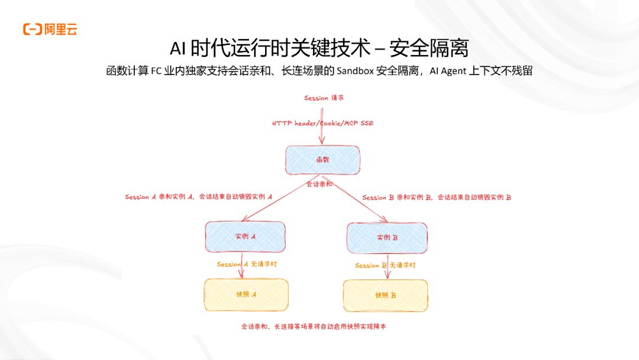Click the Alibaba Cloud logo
50,29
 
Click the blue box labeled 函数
322,160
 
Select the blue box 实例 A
245,236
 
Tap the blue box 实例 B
387,237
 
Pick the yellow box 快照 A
246,294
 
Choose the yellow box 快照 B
385,295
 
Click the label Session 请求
324,98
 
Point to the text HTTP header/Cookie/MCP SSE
322,123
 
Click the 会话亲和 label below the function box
319,184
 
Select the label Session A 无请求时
246,264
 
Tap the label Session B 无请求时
385,265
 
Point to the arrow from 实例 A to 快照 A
241,272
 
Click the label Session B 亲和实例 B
437,197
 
